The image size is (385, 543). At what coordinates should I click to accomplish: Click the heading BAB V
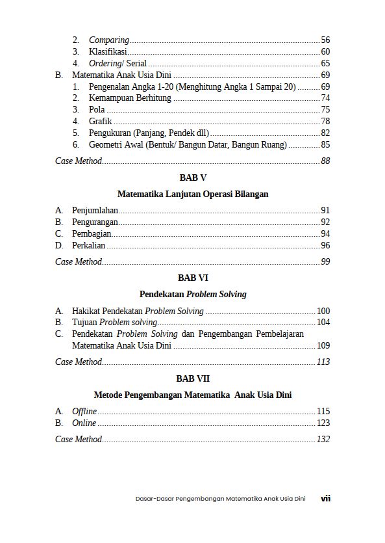click(192, 177)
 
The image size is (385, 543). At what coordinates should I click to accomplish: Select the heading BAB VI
click(192, 278)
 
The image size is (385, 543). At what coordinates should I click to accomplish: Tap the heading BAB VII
click(192, 378)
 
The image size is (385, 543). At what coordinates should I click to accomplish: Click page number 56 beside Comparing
click(325, 40)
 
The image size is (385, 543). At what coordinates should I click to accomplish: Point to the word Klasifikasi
click(108, 52)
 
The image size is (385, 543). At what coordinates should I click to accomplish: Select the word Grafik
click(101, 122)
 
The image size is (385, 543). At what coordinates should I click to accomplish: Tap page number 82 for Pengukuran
click(325, 133)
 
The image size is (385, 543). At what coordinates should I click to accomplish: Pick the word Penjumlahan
click(95, 211)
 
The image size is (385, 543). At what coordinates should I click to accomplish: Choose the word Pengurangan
click(95, 222)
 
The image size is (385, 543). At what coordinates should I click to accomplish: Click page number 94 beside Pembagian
click(325, 234)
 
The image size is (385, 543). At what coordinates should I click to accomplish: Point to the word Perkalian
click(89, 246)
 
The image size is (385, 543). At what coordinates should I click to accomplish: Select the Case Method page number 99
click(325, 262)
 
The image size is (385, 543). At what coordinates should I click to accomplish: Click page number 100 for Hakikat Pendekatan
click(323, 311)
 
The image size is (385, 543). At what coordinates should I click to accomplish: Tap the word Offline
click(84, 412)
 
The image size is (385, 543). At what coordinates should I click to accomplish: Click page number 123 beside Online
click(323, 423)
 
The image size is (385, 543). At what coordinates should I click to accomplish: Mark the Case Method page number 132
click(323, 440)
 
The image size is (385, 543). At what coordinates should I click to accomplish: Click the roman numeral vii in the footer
click(326, 499)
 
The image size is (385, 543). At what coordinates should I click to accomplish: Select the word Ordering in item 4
click(105, 64)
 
